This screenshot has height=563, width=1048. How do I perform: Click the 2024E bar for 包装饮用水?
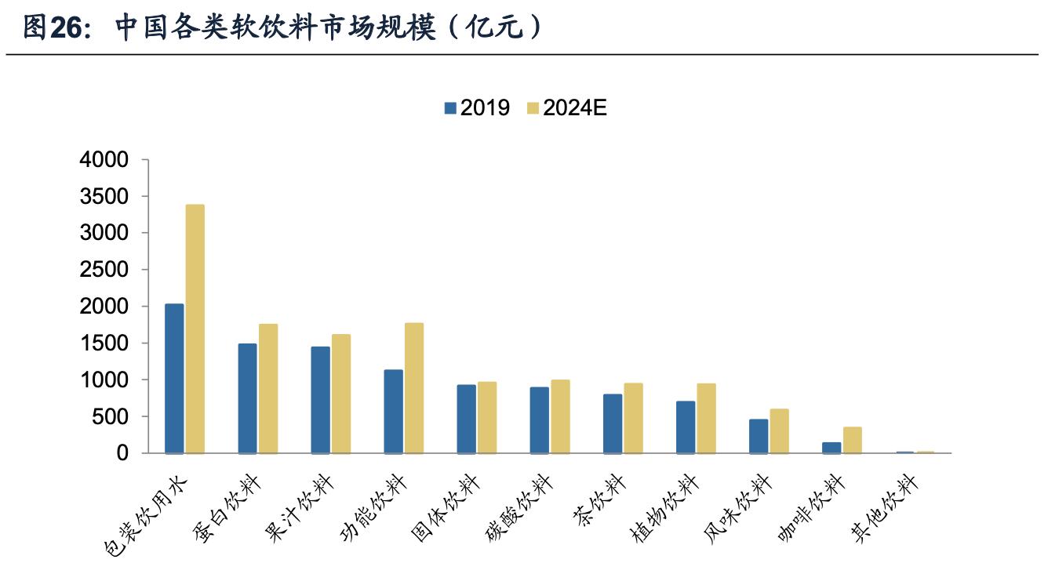click(x=195, y=329)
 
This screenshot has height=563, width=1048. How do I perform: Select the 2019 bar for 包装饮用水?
click(x=174, y=378)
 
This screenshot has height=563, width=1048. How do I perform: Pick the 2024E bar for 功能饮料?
click(x=414, y=387)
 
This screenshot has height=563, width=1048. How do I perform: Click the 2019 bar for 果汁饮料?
click(x=320, y=400)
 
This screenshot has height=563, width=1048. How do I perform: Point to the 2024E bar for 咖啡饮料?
click(x=853, y=440)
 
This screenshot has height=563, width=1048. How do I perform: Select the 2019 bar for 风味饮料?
click(x=759, y=436)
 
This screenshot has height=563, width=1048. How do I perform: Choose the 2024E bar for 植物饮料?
click(x=706, y=418)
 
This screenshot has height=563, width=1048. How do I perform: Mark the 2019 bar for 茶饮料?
click(x=613, y=423)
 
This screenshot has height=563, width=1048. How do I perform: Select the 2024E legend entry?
click(x=566, y=108)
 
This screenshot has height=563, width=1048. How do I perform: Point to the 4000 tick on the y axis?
click(x=104, y=160)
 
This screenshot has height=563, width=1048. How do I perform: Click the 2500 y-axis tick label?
click(x=104, y=270)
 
